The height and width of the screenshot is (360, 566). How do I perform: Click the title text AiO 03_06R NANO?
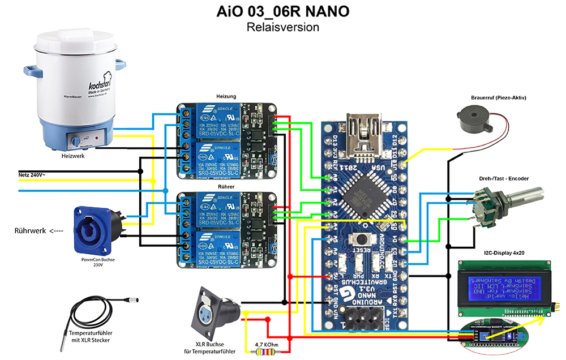[283, 11]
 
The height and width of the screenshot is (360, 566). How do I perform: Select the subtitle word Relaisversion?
[283, 27]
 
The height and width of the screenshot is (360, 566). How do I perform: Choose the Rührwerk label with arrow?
[38, 230]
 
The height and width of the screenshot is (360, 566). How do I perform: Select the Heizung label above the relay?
[226, 97]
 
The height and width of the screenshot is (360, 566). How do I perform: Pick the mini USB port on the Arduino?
[362, 131]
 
